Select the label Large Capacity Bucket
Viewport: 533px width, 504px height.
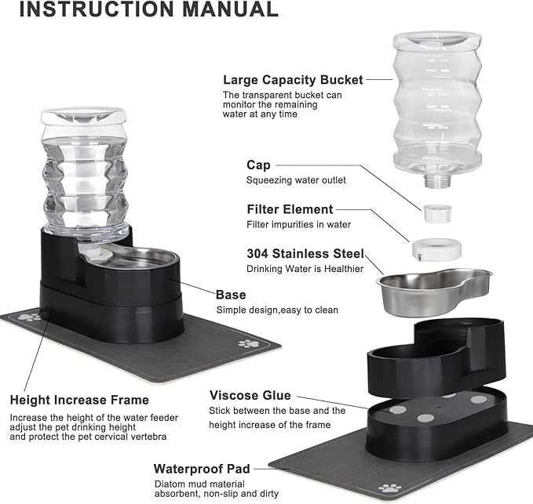click(x=293, y=79)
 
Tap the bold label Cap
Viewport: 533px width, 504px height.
click(x=258, y=165)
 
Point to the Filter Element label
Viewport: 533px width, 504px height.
click(x=290, y=209)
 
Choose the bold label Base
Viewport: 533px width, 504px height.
click(x=231, y=295)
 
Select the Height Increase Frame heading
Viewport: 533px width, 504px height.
click(x=78, y=401)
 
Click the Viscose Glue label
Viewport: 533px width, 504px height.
click(x=250, y=395)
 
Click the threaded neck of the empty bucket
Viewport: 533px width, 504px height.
click(x=436, y=181)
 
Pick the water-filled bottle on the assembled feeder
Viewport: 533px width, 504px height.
click(x=85, y=172)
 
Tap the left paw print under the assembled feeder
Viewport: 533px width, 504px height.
click(x=30, y=317)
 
